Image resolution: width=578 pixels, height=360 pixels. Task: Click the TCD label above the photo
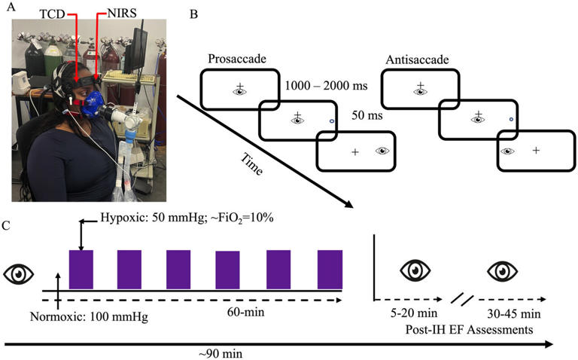pos(44,13)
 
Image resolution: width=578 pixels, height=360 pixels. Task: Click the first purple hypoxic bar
pos(81,267)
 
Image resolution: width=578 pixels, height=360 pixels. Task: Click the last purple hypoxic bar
pos(330,267)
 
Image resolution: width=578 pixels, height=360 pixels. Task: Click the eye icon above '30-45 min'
pos(501,270)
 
